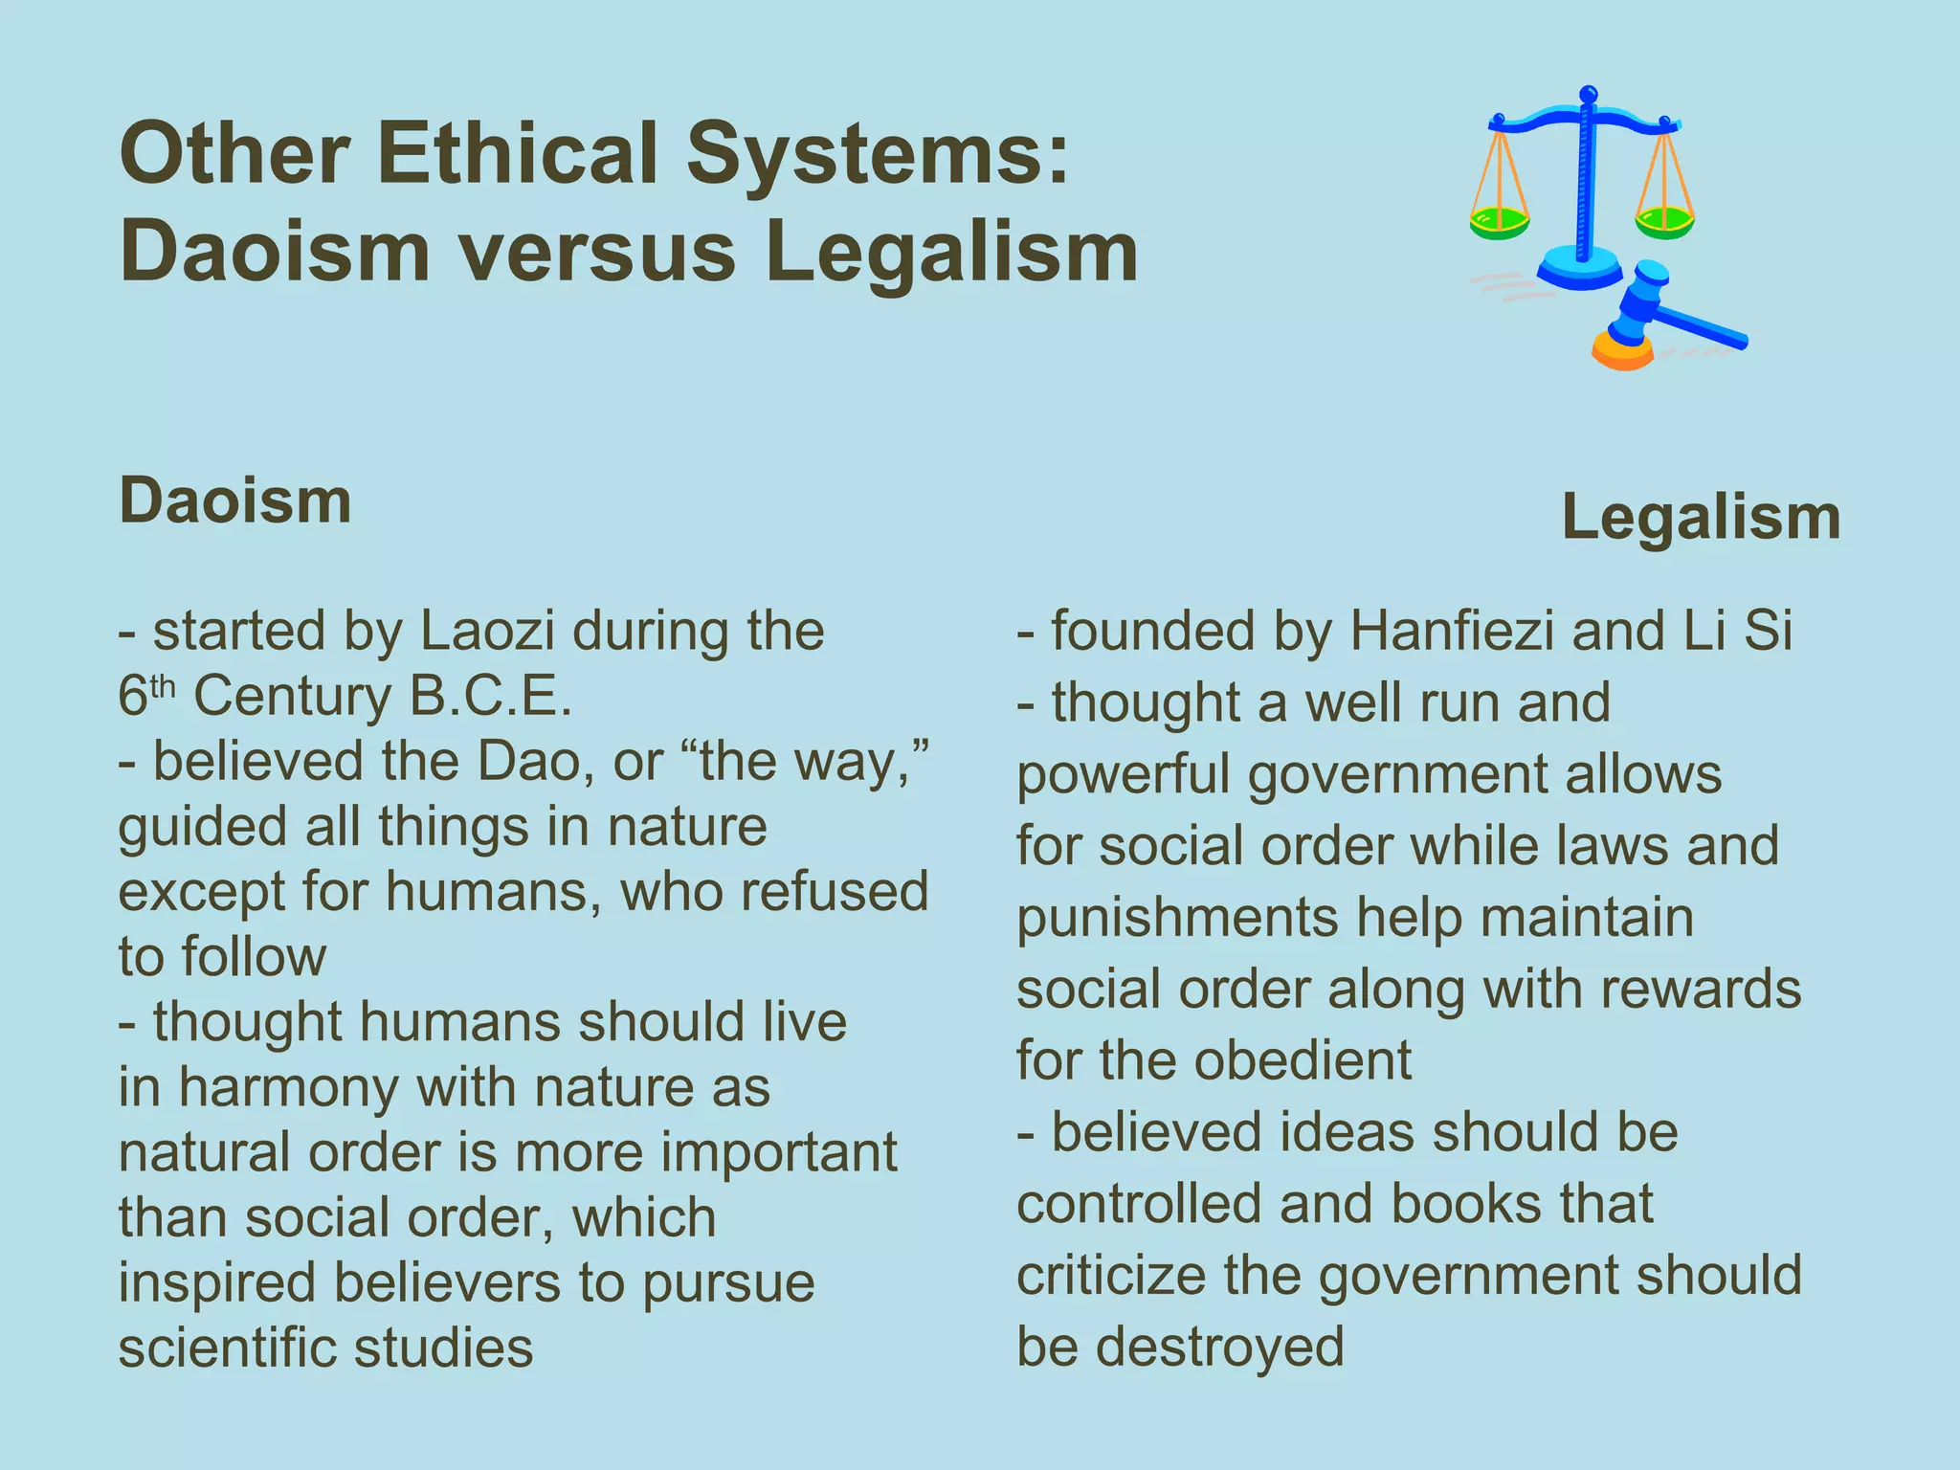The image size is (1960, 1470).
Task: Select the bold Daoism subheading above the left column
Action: [234, 501]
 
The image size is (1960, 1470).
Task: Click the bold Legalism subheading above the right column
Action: [1701, 518]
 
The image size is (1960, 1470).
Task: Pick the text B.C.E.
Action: [490, 697]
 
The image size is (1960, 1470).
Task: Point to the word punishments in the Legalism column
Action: [1177, 918]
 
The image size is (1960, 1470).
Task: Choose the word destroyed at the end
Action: [1219, 1347]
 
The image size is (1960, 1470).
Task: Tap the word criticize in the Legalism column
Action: [1111, 1276]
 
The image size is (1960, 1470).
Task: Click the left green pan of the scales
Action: [1499, 223]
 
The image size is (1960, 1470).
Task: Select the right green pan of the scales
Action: [1664, 223]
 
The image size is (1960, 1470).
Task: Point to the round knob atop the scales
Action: [1588, 95]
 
